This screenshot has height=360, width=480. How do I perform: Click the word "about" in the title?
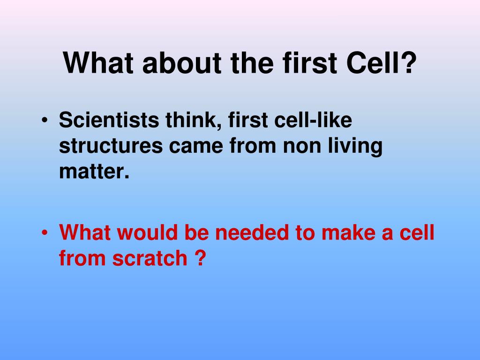click(182, 63)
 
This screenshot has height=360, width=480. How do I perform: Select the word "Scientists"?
click(109, 120)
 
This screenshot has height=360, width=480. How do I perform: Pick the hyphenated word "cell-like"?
click(313, 120)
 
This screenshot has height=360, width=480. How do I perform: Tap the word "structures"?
click(111, 146)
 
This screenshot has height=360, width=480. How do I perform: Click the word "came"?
click(196, 147)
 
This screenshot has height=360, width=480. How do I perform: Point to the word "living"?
click(355, 147)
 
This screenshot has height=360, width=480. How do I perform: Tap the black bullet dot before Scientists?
click(45, 120)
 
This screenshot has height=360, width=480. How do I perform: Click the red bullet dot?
click(45, 232)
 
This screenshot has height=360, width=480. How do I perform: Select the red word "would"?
click(147, 232)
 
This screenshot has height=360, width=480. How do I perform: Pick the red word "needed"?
click(252, 232)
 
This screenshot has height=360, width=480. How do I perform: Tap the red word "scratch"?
click(150, 258)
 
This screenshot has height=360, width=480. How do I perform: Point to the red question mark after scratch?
click(200, 258)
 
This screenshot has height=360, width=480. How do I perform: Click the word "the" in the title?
click(252, 63)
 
